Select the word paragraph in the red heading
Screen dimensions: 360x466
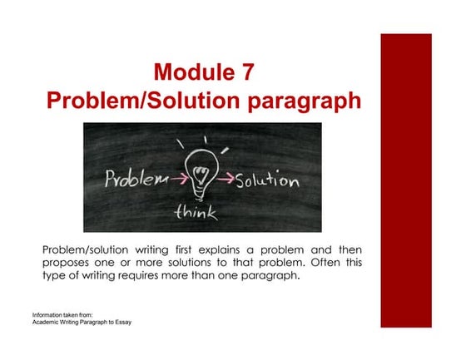coord(296,101)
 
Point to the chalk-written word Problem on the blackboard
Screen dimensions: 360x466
coord(131,179)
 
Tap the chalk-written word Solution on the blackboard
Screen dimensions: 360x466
coord(264,180)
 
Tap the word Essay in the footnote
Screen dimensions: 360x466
coord(123,323)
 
